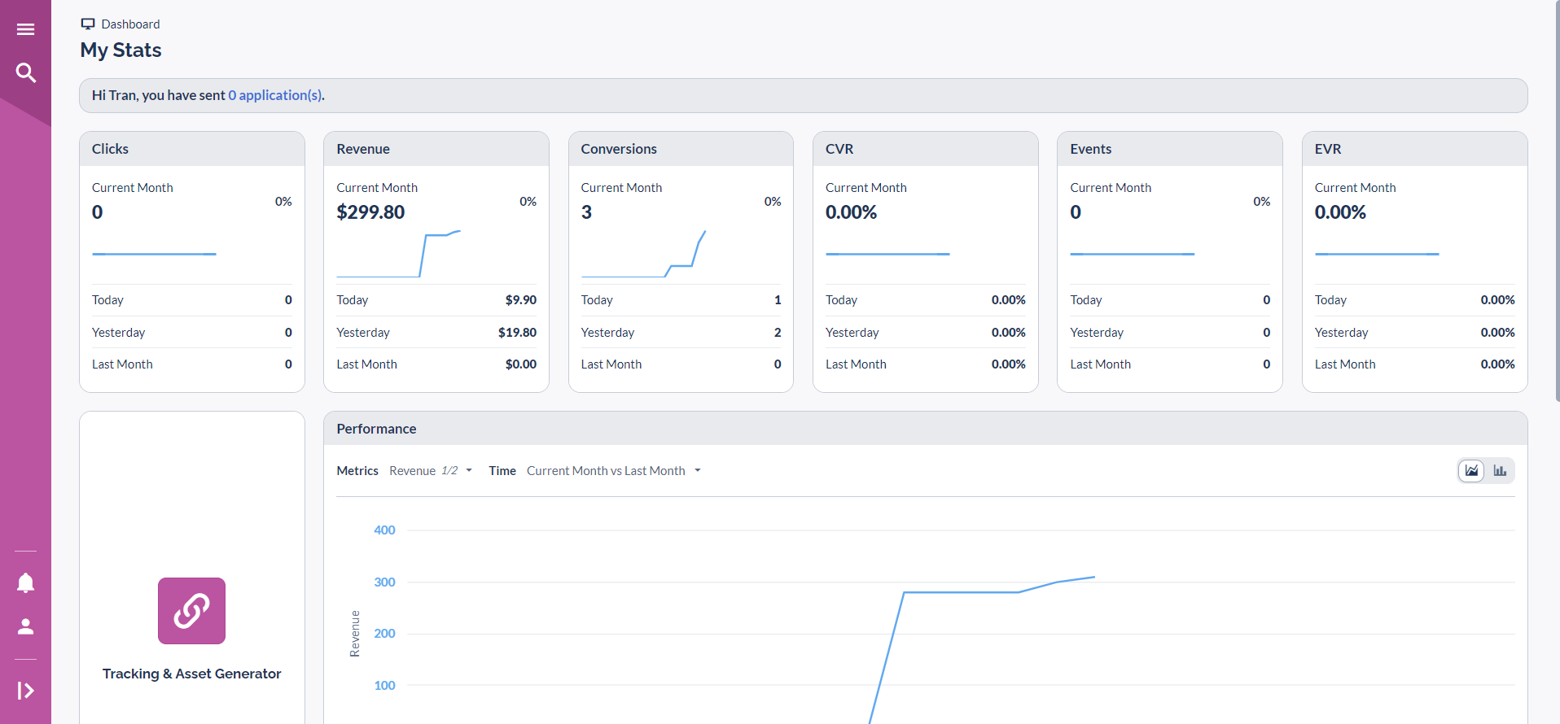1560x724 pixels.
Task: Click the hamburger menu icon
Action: (x=25, y=29)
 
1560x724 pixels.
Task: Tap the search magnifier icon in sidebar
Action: (x=25, y=73)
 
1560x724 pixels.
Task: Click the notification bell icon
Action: (x=25, y=582)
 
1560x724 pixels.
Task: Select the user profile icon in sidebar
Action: (x=25, y=626)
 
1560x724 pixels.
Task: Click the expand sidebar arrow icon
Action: (x=25, y=691)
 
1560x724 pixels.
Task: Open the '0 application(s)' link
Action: (x=275, y=95)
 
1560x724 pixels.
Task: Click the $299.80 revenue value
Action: (x=370, y=212)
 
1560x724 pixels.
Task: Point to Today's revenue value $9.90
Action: (x=520, y=300)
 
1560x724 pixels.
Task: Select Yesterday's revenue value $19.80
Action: (x=517, y=333)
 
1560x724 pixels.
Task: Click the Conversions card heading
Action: (x=619, y=149)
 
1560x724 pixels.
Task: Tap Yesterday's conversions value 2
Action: (x=777, y=333)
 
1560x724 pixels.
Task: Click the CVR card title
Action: (x=839, y=149)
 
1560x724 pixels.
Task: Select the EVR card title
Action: (x=1328, y=149)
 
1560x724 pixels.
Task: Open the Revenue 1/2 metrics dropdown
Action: (x=430, y=471)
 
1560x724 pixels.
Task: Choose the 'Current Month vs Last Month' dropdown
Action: (x=613, y=471)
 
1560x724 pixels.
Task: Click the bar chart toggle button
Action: (x=1500, y=470)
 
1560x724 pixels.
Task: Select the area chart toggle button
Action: (x=1471, y=470)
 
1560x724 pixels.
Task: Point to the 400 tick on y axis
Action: (x=384, y=530)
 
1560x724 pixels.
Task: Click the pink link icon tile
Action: (x=191, y=611)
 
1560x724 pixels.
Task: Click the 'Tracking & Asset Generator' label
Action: (x=191, y=674)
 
